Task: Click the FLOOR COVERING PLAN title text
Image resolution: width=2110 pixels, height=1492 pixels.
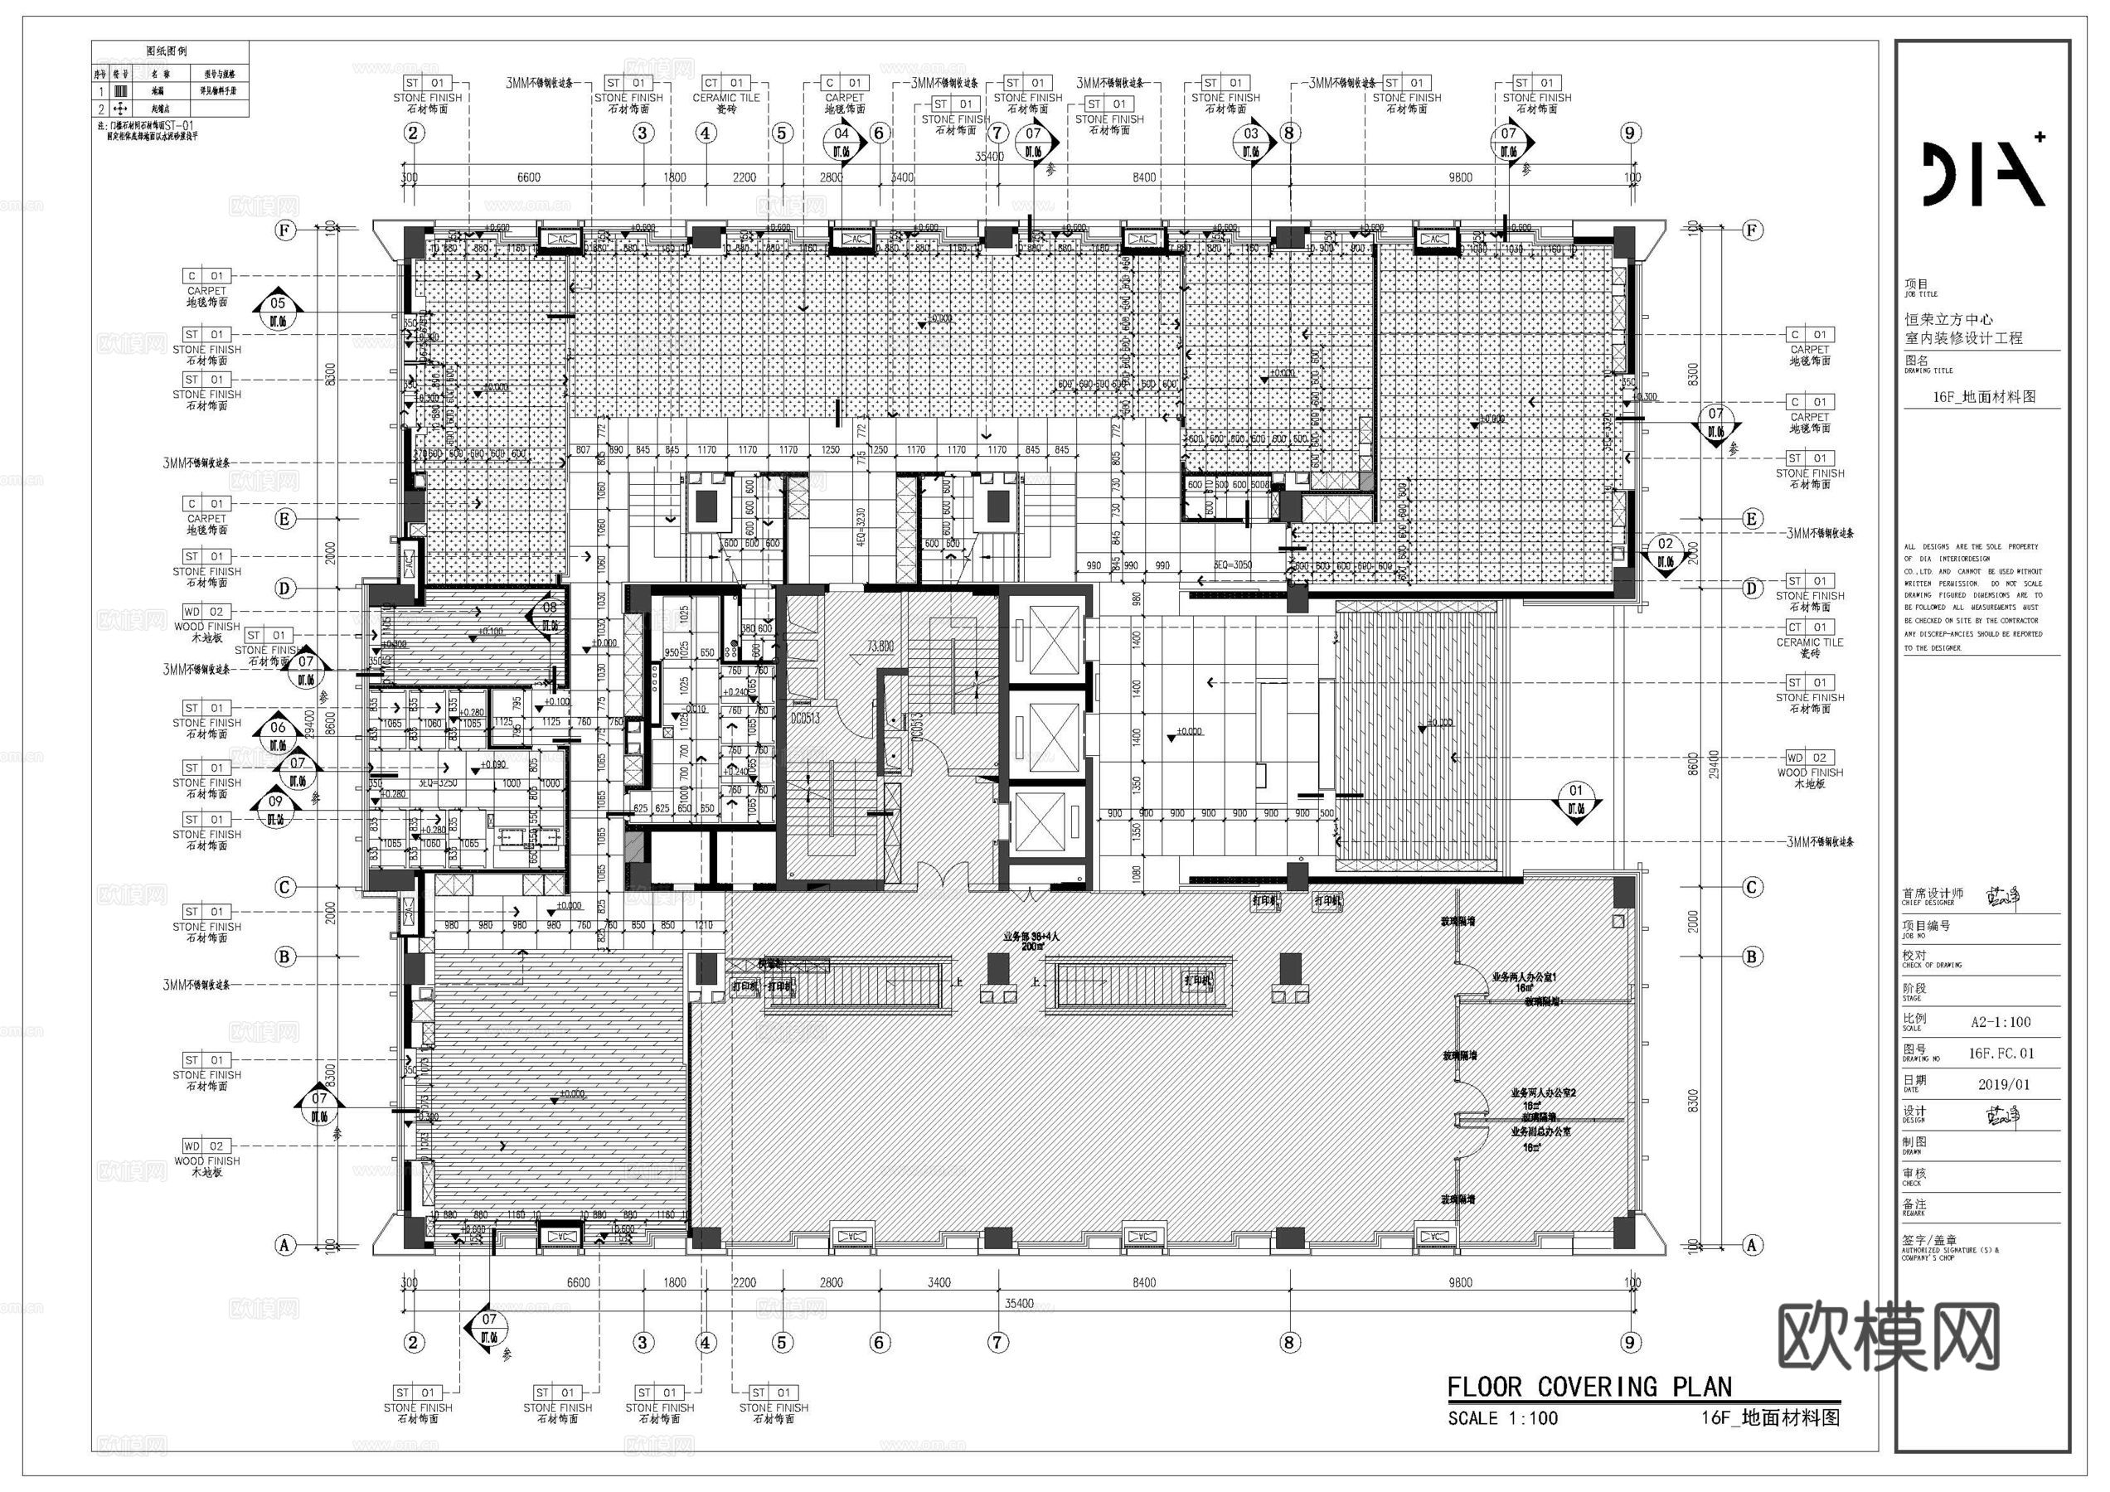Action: click(x=1589, y=1387)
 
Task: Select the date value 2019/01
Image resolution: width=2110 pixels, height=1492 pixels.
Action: click(x=2003, y=1084)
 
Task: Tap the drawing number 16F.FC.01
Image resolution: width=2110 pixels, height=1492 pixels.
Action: click(x=2001, y=1053)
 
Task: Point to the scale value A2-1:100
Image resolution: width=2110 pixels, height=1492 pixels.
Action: click(x=2001, y=1022)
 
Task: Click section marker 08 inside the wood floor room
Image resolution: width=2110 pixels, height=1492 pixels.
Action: click(x=549, y=613)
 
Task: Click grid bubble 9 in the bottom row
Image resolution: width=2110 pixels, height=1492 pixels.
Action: click(x=1629, y=1342)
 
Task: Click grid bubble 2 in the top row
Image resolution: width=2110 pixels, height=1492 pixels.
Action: click(x=413, y=133)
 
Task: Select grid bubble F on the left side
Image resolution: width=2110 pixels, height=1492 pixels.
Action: click(x=285, y=230)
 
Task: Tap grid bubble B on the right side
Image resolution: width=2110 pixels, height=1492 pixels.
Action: click(x=1752, y=957)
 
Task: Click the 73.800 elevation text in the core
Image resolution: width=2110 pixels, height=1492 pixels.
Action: click(x=880, y=646)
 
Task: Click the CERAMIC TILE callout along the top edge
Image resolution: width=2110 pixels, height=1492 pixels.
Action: click(x=725, y=96)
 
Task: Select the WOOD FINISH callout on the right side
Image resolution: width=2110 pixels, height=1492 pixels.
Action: click(x=1808, y=772)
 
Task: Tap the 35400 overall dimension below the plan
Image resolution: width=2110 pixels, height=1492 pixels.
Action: click(x=1018, y=1303)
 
